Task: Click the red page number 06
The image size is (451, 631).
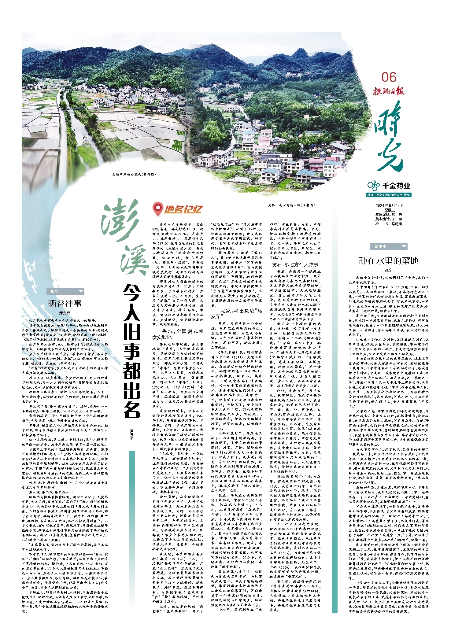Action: (389, 77)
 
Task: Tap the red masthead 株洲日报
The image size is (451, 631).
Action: (388, 91)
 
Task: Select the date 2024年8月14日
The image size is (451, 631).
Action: (390, 205)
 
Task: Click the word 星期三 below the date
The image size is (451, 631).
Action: (390, 210)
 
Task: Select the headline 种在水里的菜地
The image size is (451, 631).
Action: (389, 260)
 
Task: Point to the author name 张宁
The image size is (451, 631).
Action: (389, 270)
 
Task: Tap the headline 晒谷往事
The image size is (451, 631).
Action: (65, 303)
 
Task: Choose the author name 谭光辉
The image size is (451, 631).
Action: (65, 313)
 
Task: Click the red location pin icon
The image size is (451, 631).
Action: (157, 209)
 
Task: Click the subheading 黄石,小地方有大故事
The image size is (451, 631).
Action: (295, 265)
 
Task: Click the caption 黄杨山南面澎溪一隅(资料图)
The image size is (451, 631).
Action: (291, 205)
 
